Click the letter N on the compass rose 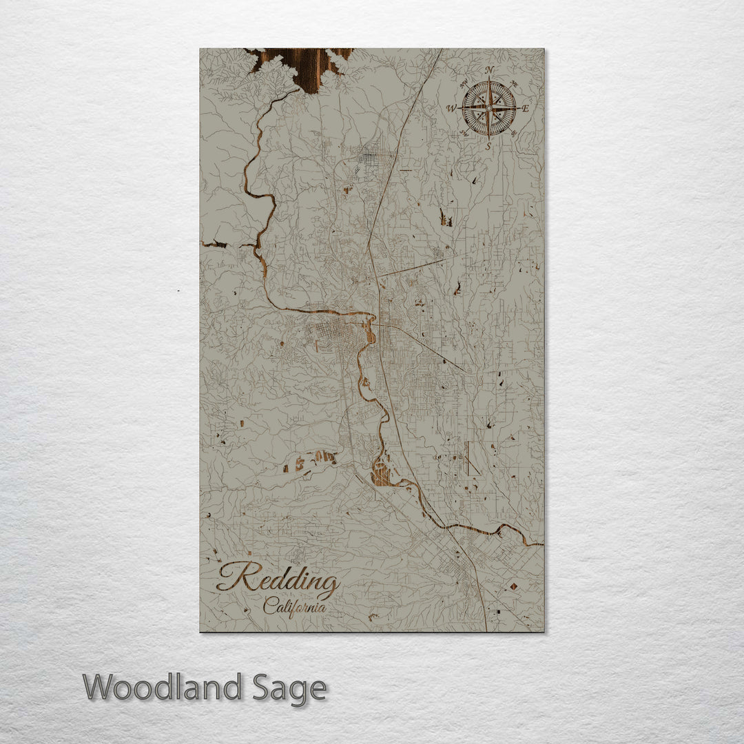click(x=489, y=70)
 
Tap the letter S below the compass click(x=488, y=145)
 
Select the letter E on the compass click(x=525, y=109)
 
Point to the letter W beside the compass click(x=451, y=108)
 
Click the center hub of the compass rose click(x=489, y=108)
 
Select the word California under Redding click(x=294, y=607)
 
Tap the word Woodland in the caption click(x=162, y=688)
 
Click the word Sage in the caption click(x=288, y=688)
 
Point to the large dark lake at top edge click(x=303, y=65)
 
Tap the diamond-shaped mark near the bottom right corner click(x=514, y=587)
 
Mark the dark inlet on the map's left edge click(x=215, y=244)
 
